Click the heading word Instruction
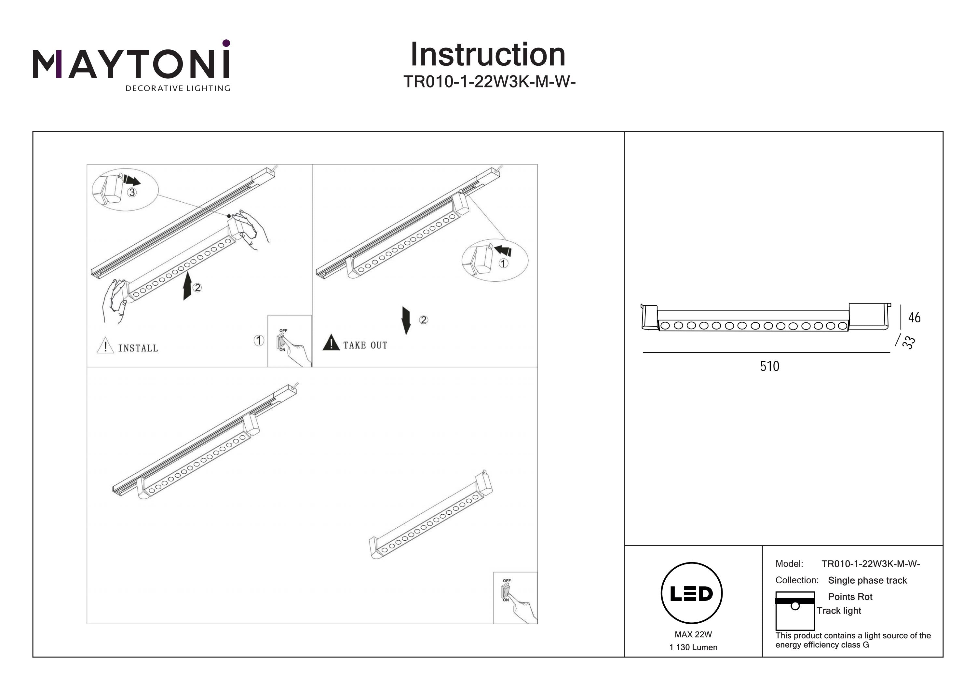(488, 55)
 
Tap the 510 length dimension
(769, 366)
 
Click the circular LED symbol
(691, 593)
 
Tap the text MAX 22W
(693, 634)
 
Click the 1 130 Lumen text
(693, 647)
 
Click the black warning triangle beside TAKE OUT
(331, 343)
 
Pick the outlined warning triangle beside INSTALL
(105, 345)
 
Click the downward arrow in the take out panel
(406, 320)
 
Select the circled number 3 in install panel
(132, 193)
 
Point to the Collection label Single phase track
(867, 580)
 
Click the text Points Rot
(850, 597)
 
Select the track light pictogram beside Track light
(794, 611)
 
